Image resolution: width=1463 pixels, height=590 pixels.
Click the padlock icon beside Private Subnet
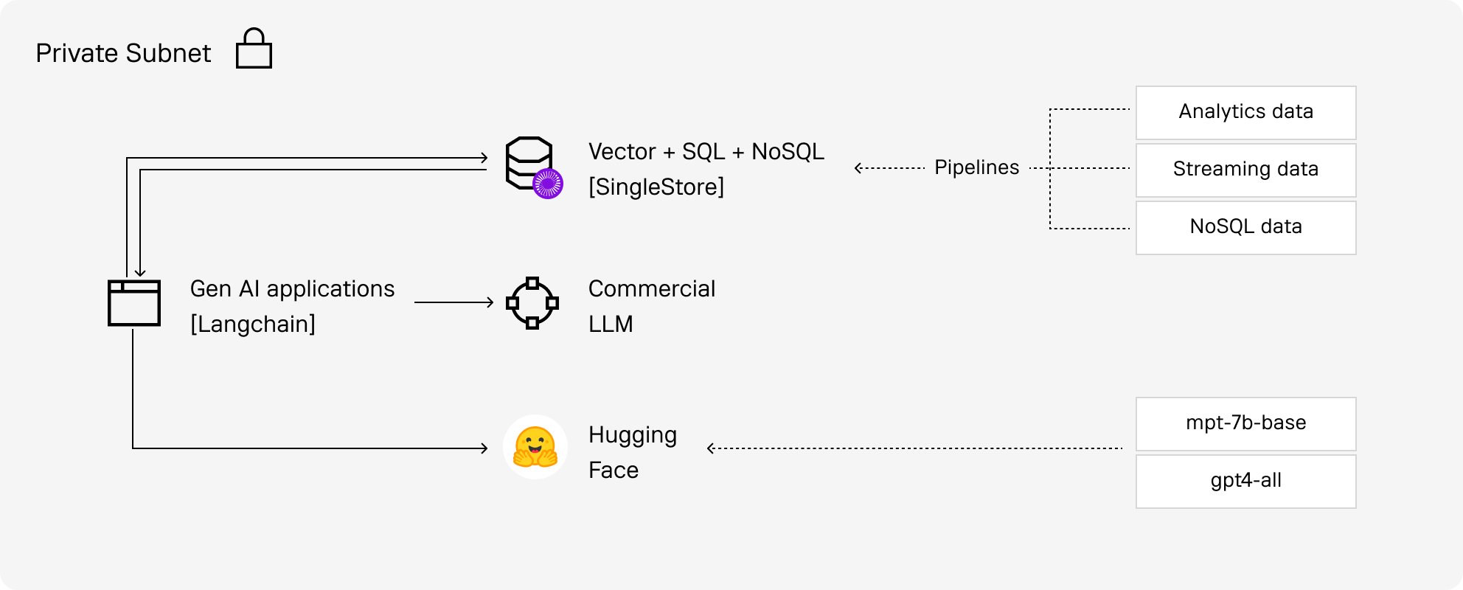[254, 49]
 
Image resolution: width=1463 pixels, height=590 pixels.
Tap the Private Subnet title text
[123, 53]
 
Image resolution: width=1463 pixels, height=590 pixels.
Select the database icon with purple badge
[529, 164]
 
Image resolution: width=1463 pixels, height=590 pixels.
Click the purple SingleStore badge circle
[548, 183]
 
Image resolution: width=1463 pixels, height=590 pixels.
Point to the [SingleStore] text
[656, 187]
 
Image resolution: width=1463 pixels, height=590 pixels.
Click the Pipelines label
[976, 167]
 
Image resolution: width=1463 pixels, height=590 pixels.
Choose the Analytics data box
[1245, 112]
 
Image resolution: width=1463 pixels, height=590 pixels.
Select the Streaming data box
[1245, 170]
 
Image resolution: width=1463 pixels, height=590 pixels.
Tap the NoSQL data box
[1245, 227]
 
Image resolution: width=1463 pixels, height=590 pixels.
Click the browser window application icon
[134, 302]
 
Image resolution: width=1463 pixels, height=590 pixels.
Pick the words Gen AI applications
[292, 288]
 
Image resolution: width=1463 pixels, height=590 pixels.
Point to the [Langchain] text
[252, 324]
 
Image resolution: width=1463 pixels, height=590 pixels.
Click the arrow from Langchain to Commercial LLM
[454, 302]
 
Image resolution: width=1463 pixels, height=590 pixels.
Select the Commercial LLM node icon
[532, 302]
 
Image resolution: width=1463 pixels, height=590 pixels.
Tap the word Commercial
[651, 288]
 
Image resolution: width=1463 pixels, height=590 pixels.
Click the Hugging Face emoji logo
[535, 447]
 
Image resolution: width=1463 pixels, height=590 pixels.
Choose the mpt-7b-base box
[1245, 423]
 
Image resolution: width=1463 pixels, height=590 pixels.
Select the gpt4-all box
[1245, 481]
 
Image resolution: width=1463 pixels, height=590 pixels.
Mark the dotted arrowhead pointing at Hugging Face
[711, 448]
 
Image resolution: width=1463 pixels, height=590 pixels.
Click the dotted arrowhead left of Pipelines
[858, 168]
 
